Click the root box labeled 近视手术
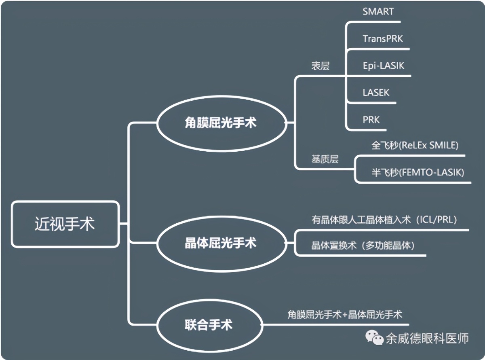(65, 224)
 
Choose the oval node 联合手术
(209, 324)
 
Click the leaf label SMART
(378, 11)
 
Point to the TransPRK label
(383, 39)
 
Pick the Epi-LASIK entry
(383, 66)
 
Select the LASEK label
(376, 93)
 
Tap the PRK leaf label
(371, 120)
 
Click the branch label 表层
(320, 66)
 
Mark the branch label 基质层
(325, 159)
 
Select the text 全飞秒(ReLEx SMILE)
(415, 145)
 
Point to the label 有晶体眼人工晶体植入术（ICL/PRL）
(384, 220)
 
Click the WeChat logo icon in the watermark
(374, 338)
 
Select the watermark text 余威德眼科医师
(427, 338)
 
